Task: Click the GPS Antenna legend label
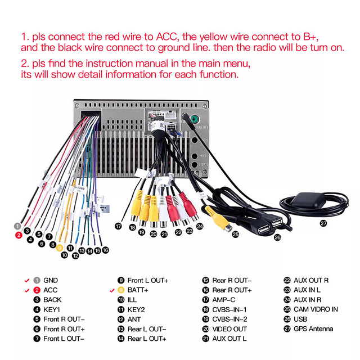[313, 328]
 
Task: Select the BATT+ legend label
[138, 290]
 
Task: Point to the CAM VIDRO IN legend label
[316, 309]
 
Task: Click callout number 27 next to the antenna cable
[323, 223]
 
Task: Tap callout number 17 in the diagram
[118, 226]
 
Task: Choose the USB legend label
[300, 319]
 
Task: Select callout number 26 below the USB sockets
[277, 237]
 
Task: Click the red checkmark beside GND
[26, 280]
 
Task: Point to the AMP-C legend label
[224, 300]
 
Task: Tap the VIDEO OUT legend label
[229, 329]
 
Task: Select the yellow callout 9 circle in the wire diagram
[60, 246]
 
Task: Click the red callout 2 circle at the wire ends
[19, 235]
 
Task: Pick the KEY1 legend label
[52, 309]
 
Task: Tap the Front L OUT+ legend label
[148, 280]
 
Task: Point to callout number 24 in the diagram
[200, 226]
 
